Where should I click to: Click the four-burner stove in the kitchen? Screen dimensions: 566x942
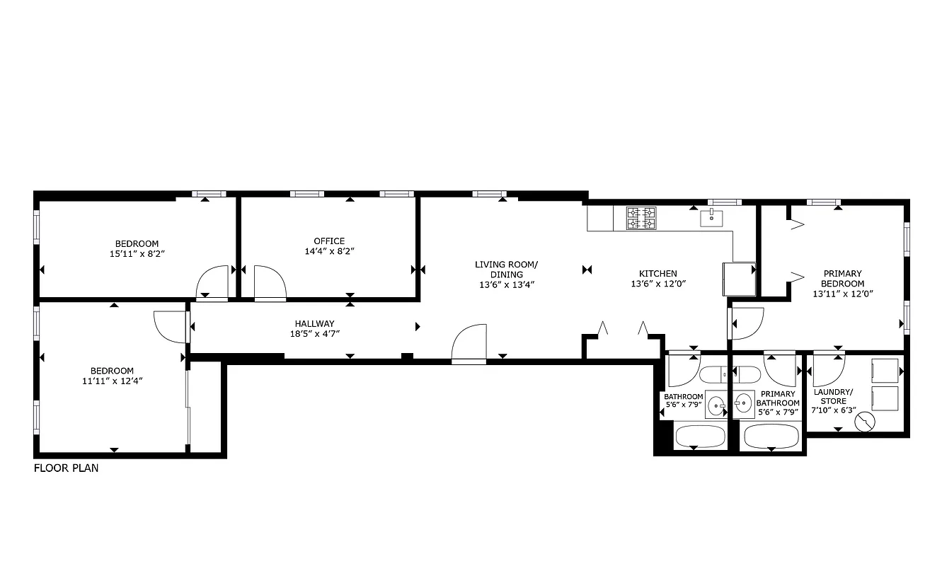click(641, 218)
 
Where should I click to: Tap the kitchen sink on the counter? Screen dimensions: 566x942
click(710, 218)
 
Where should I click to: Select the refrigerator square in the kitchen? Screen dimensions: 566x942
click(738, 278)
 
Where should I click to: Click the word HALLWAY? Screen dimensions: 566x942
click(315, 323)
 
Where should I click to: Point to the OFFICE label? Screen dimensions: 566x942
click(329, 241)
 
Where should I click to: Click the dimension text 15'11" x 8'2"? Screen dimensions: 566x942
click(137, 253)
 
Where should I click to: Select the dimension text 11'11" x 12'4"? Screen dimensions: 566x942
click(112, 381)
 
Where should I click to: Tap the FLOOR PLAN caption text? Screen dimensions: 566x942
click(67, 468)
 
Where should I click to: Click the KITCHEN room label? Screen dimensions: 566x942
click(657, 273)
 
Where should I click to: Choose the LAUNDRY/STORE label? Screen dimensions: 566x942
click(833, 396)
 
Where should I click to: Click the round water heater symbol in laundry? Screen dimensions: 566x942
click(864, 423)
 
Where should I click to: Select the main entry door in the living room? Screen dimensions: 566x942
click(469, 344)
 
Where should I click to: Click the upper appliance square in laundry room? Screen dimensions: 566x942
click(885, 369)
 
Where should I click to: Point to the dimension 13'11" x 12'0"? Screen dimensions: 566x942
click(842, 293)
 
